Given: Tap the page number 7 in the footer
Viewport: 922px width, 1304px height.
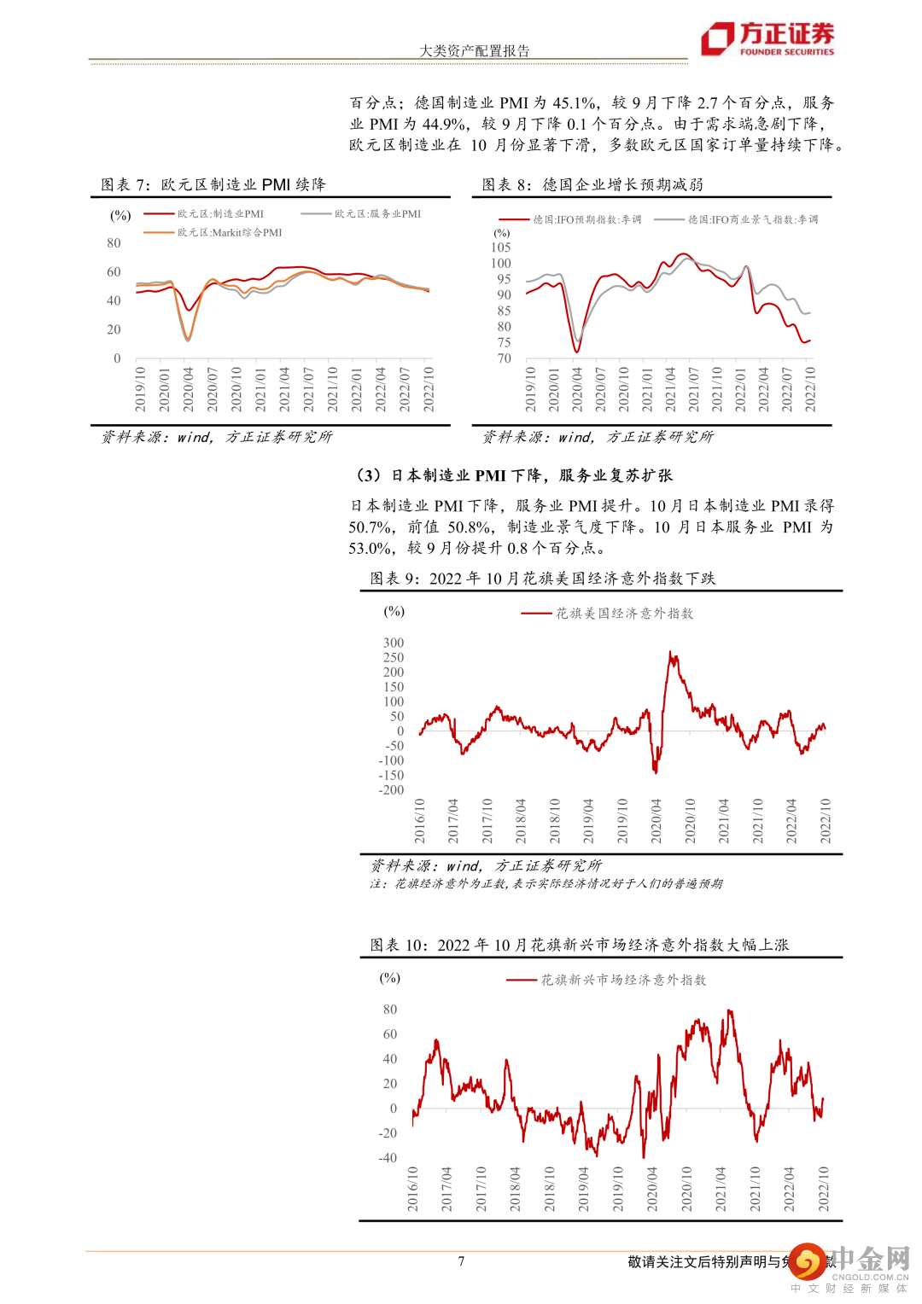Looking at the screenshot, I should point(461,1260).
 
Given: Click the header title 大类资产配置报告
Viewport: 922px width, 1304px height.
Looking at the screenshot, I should point(474,50).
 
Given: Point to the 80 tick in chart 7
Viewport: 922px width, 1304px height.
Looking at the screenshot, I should point(114,243).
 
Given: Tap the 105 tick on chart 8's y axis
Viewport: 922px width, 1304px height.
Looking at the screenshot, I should point(501,247).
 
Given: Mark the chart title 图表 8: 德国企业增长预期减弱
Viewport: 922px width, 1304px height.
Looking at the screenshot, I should point(592,184).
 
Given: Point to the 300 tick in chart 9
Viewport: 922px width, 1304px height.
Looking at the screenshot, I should point(394,643).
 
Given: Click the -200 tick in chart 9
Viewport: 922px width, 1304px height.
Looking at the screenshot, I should point(392,789).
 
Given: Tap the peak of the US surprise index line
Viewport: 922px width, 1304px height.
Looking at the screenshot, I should point(671,653).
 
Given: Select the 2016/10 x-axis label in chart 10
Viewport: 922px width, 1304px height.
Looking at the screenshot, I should point(413,1190).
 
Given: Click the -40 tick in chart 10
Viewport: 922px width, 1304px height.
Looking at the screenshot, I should point(388,1158).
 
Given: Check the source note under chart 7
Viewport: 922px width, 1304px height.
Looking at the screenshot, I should point(217,437).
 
